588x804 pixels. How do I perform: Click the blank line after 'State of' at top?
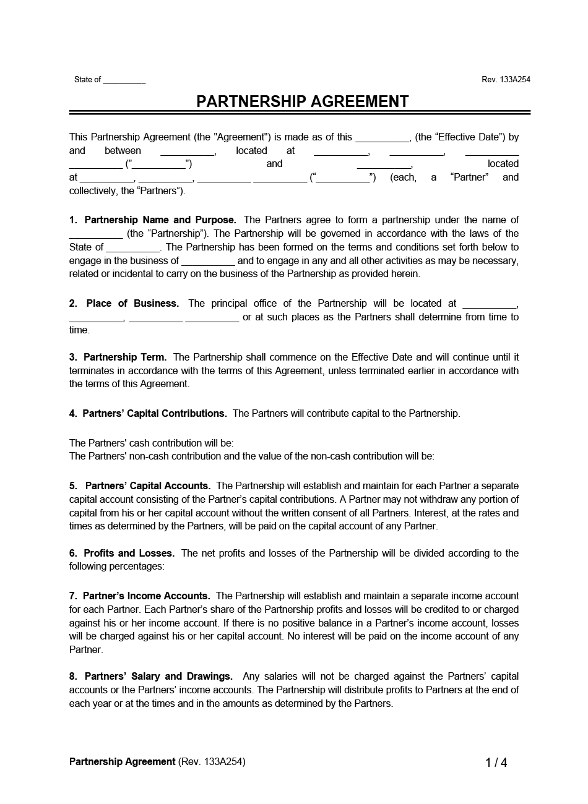tap(124, 80)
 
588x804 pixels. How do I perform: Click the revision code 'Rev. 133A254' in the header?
tap(506, 80)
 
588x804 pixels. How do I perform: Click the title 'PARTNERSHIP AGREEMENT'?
tap(302, 101)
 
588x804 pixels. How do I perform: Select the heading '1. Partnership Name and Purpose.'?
tap(153, 220)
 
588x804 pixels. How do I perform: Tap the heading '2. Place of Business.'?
tap(124, 304)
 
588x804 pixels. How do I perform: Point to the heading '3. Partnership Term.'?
tap(118, 357)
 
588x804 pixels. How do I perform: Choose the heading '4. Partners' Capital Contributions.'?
tap(148, 414)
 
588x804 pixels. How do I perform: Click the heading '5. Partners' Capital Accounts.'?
tap(140, 486)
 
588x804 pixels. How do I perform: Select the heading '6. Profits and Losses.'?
tap(122, 554)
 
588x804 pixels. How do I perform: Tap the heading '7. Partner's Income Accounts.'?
tap(140, 596)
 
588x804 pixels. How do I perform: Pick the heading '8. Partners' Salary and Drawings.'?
tap(151, 677)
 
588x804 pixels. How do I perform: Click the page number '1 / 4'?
tap(496, 763)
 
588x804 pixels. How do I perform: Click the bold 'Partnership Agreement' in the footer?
tap(123, 762)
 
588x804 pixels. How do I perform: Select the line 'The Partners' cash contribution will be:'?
tap(152, 443)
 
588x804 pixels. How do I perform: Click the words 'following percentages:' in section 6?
tap(117, 567)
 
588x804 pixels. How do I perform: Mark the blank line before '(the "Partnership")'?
tap(96, 234)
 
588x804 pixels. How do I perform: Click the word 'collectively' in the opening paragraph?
tap(92, 191)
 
